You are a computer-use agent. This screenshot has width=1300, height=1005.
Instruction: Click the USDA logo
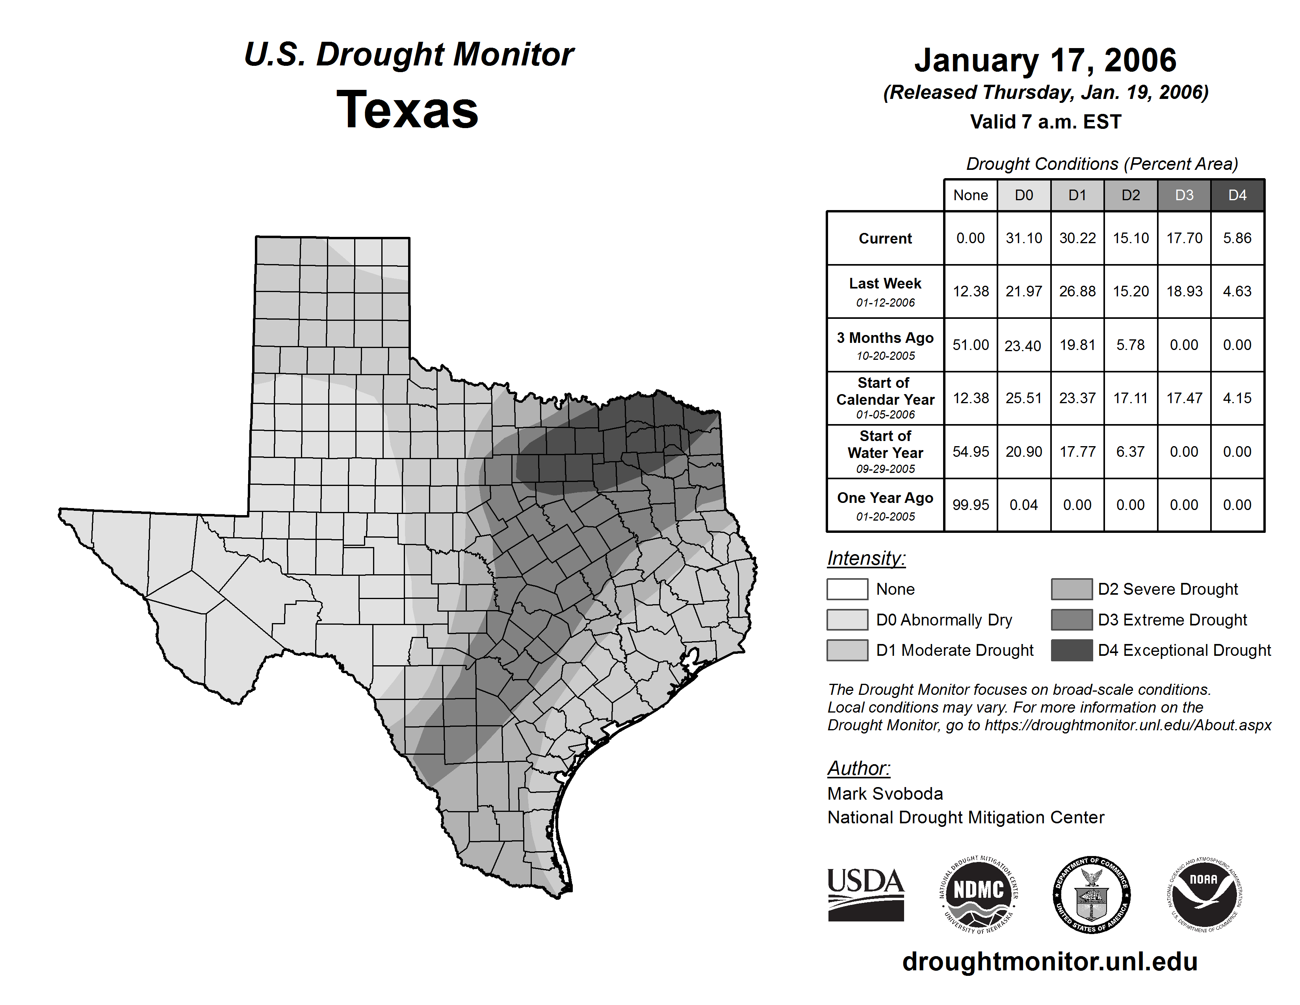(865, 894)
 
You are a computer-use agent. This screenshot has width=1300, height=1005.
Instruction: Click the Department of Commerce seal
(1092, 894)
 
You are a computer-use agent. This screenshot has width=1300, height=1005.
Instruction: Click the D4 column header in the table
(1237, 195)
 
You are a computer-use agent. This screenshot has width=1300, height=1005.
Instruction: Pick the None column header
(970, 195)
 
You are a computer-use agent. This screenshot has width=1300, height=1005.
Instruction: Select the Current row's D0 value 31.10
(1024, 238)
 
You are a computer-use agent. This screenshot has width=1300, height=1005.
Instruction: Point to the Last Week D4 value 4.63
(1237, 291)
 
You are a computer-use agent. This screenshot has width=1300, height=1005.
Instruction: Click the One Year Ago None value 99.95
(970, 505)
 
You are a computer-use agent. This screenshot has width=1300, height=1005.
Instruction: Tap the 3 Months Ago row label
(885, 345)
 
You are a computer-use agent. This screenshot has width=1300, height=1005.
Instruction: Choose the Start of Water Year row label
(885, 451)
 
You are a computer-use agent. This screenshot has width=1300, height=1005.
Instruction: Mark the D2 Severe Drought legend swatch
(1072, 589)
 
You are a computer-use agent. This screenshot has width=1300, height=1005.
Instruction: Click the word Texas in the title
(408, 110)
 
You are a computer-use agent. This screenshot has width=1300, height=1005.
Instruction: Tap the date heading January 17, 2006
(1045, 60)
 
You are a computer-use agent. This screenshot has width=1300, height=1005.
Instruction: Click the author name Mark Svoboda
(885, 794)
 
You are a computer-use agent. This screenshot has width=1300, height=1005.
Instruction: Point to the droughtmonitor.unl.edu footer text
(1050, 962)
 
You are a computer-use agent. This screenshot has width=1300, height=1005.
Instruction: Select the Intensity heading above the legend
(866, 558)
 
